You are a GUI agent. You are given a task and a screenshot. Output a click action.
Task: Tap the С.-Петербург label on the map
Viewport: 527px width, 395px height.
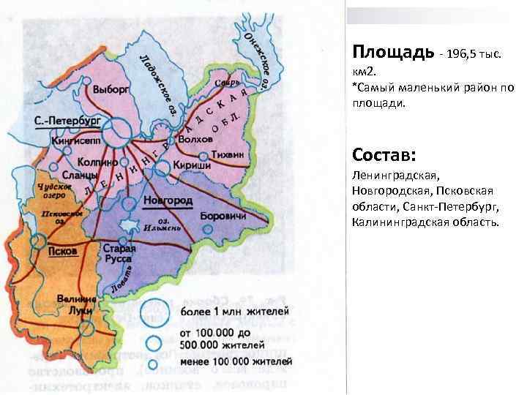point(67,119)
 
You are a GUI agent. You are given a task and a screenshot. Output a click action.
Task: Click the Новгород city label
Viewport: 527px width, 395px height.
point(168,200)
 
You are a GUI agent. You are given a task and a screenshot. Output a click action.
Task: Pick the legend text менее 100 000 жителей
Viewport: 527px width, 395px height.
point(228,360)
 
